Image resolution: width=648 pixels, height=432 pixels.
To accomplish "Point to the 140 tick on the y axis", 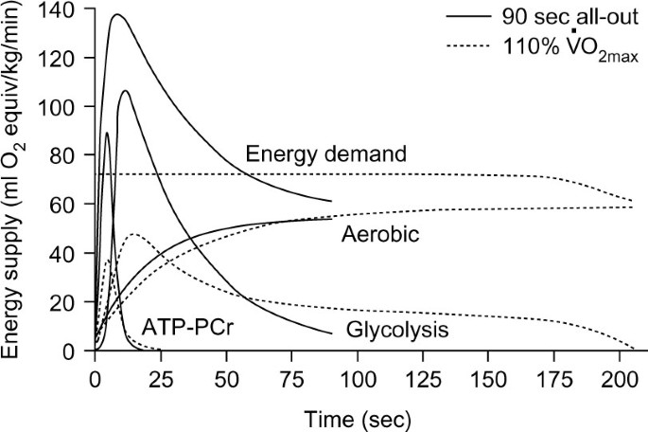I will (65, 9).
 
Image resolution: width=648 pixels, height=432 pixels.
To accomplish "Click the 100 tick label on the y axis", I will (65, 107).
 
